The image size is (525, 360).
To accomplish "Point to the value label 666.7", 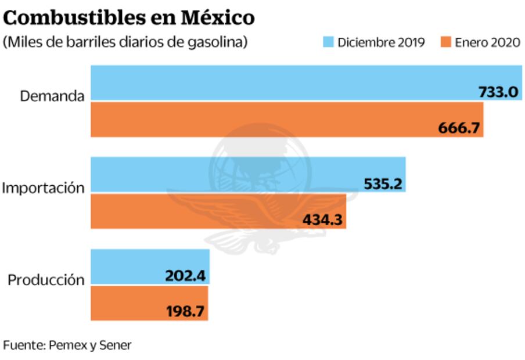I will point(460,128).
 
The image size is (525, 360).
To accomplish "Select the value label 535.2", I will point(383,183).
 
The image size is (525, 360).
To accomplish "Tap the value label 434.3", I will point(323,219).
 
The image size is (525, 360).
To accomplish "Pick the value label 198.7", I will point(186,311).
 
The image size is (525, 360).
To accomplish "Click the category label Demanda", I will point(52,96).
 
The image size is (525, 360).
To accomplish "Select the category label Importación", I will point(43,188).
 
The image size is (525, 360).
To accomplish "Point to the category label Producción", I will point(46,280).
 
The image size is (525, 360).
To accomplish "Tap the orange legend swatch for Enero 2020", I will point(446,42).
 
